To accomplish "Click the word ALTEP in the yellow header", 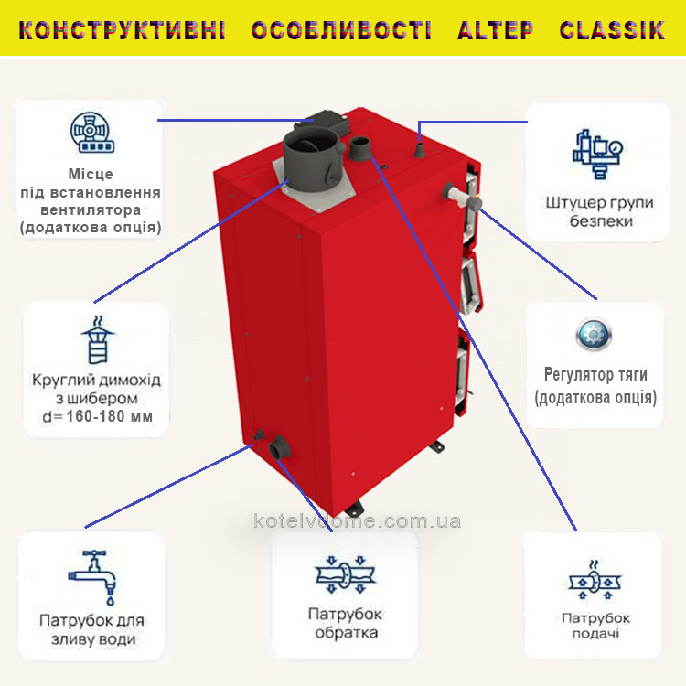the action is point(496,30).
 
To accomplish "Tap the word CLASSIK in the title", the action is point(612,30).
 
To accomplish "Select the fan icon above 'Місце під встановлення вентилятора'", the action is point(92,133).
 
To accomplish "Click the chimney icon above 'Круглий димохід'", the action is point(98,340).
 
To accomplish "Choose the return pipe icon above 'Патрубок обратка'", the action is point(346,574).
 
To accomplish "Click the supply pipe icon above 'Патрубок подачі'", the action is point(595,579).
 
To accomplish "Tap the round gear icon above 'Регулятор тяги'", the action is point(594,335).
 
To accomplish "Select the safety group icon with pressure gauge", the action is point(598,154).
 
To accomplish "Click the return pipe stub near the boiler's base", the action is point(279,447).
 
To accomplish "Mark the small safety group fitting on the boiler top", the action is point(420,149).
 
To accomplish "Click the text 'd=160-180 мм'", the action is point(98,416).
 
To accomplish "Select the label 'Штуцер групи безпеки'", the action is point(600,212).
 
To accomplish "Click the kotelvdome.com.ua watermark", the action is point(357,521).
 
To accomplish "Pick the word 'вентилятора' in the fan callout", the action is point(91,210).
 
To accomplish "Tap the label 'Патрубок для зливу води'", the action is point(91,630).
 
